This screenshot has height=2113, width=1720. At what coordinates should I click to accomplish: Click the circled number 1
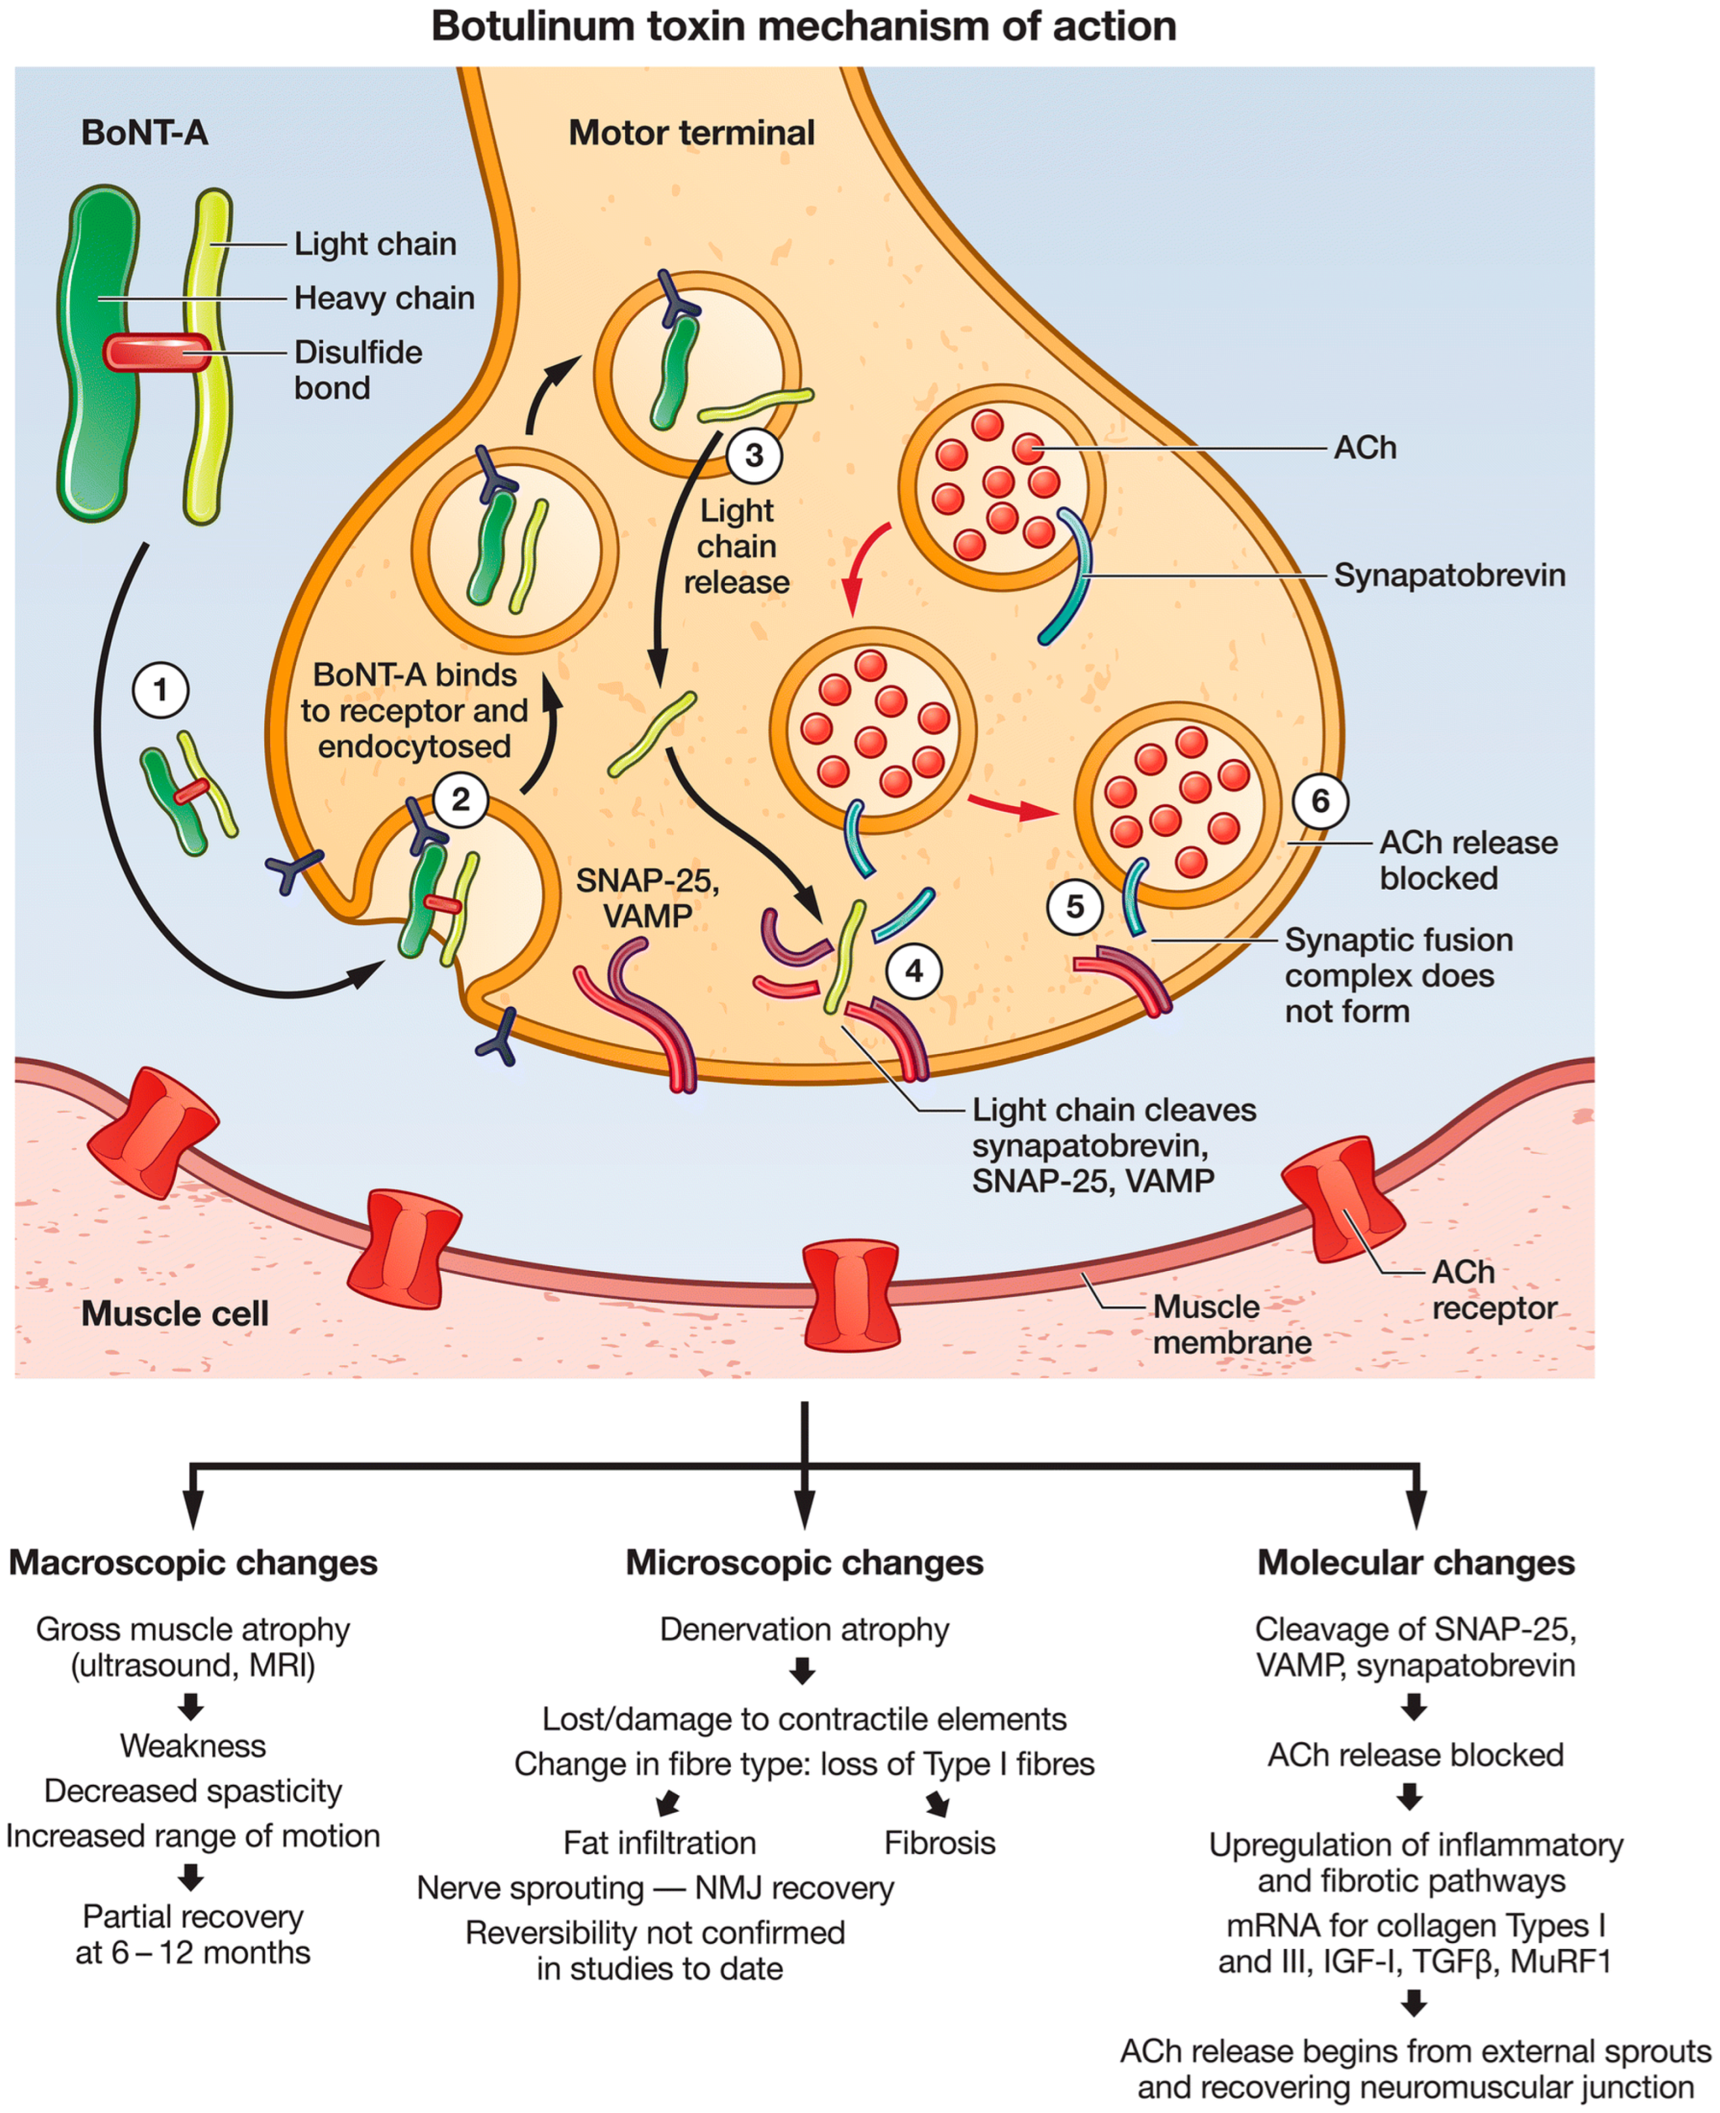tap(161, 690)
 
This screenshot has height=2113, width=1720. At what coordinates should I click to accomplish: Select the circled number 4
tap(913, 971)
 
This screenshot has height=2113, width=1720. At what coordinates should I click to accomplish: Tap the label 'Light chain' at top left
tap(375, 244)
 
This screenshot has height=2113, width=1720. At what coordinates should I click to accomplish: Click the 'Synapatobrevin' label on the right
tap(1449, 575)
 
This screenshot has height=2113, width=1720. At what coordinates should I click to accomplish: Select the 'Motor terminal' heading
tap(692, 133)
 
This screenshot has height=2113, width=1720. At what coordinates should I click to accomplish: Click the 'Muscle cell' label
tap(175, 1313)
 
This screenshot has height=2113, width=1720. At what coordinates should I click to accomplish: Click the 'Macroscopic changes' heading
tap(194, 1563)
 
